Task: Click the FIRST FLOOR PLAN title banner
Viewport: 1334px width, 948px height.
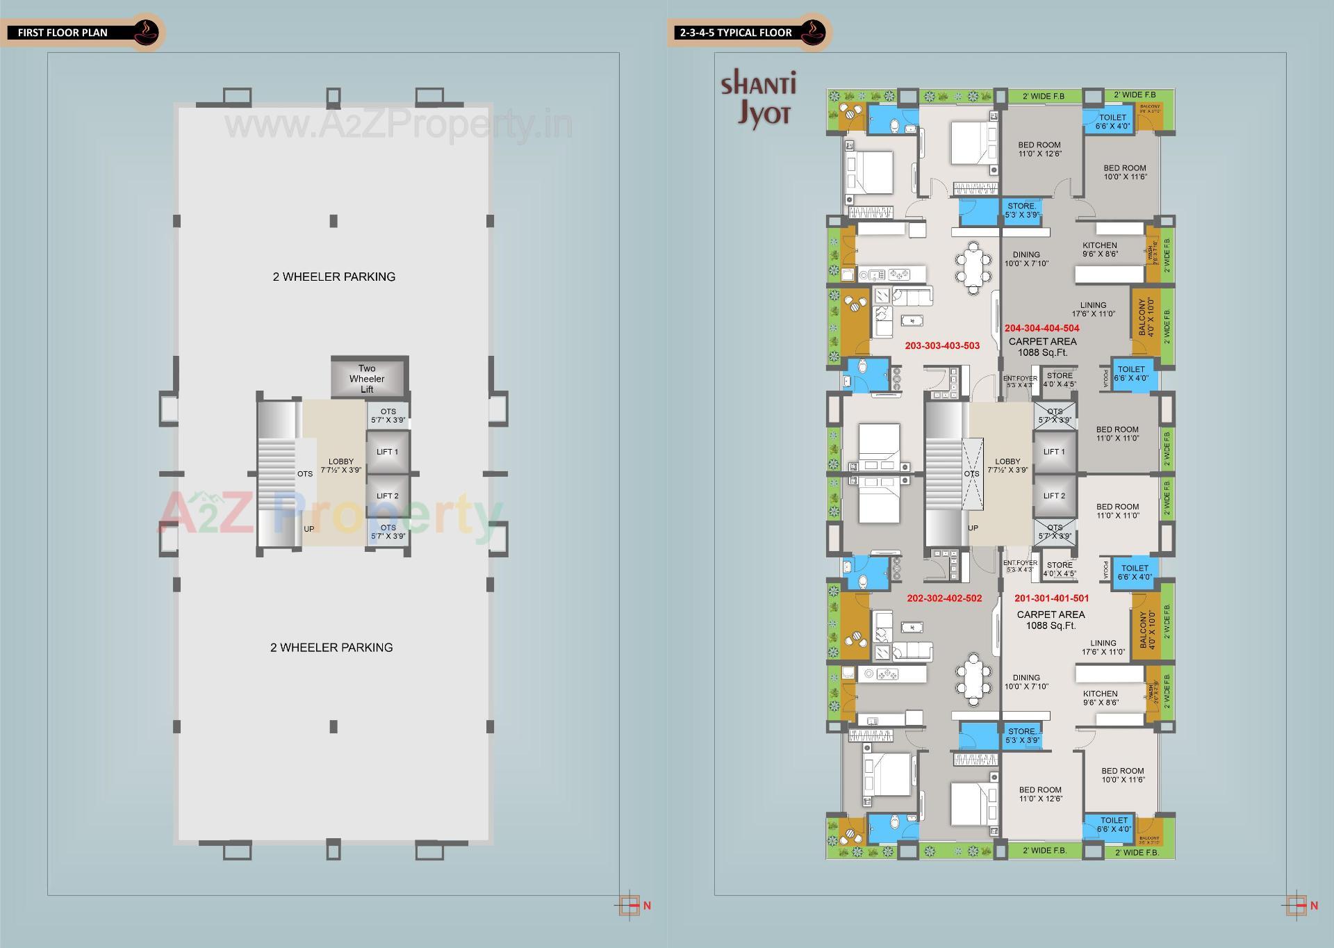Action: point(63,33)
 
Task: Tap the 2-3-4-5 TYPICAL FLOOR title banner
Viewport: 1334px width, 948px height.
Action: point(736,33)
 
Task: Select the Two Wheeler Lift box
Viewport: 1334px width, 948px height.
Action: point(367,379)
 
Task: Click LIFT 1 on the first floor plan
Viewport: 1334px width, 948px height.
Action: point(387,452)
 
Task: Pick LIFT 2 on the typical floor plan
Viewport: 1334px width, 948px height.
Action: point(1054,496)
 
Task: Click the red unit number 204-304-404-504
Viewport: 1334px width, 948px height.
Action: point(1041,328)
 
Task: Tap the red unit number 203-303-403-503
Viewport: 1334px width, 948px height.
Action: point(942,345)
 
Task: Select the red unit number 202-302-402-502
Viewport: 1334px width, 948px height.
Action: point(944,598)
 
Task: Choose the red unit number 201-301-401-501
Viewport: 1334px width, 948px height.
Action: point(1051,598)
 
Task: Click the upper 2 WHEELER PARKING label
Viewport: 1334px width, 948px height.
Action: point(334,277)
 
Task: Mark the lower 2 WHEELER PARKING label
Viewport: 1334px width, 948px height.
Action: point(331,647)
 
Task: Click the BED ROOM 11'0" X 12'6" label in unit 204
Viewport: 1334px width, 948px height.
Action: point(1039,149)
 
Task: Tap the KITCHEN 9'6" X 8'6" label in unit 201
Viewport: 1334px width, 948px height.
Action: point(1100,698)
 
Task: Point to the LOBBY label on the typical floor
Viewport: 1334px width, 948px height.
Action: point(1007,465)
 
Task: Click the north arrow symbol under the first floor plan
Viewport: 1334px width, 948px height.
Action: point(630,906)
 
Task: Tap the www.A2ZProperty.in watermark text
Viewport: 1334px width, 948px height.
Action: point(398,125)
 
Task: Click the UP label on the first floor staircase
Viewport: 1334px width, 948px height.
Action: point(308,529)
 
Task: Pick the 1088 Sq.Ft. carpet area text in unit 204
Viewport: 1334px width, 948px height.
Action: point(1042,352)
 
